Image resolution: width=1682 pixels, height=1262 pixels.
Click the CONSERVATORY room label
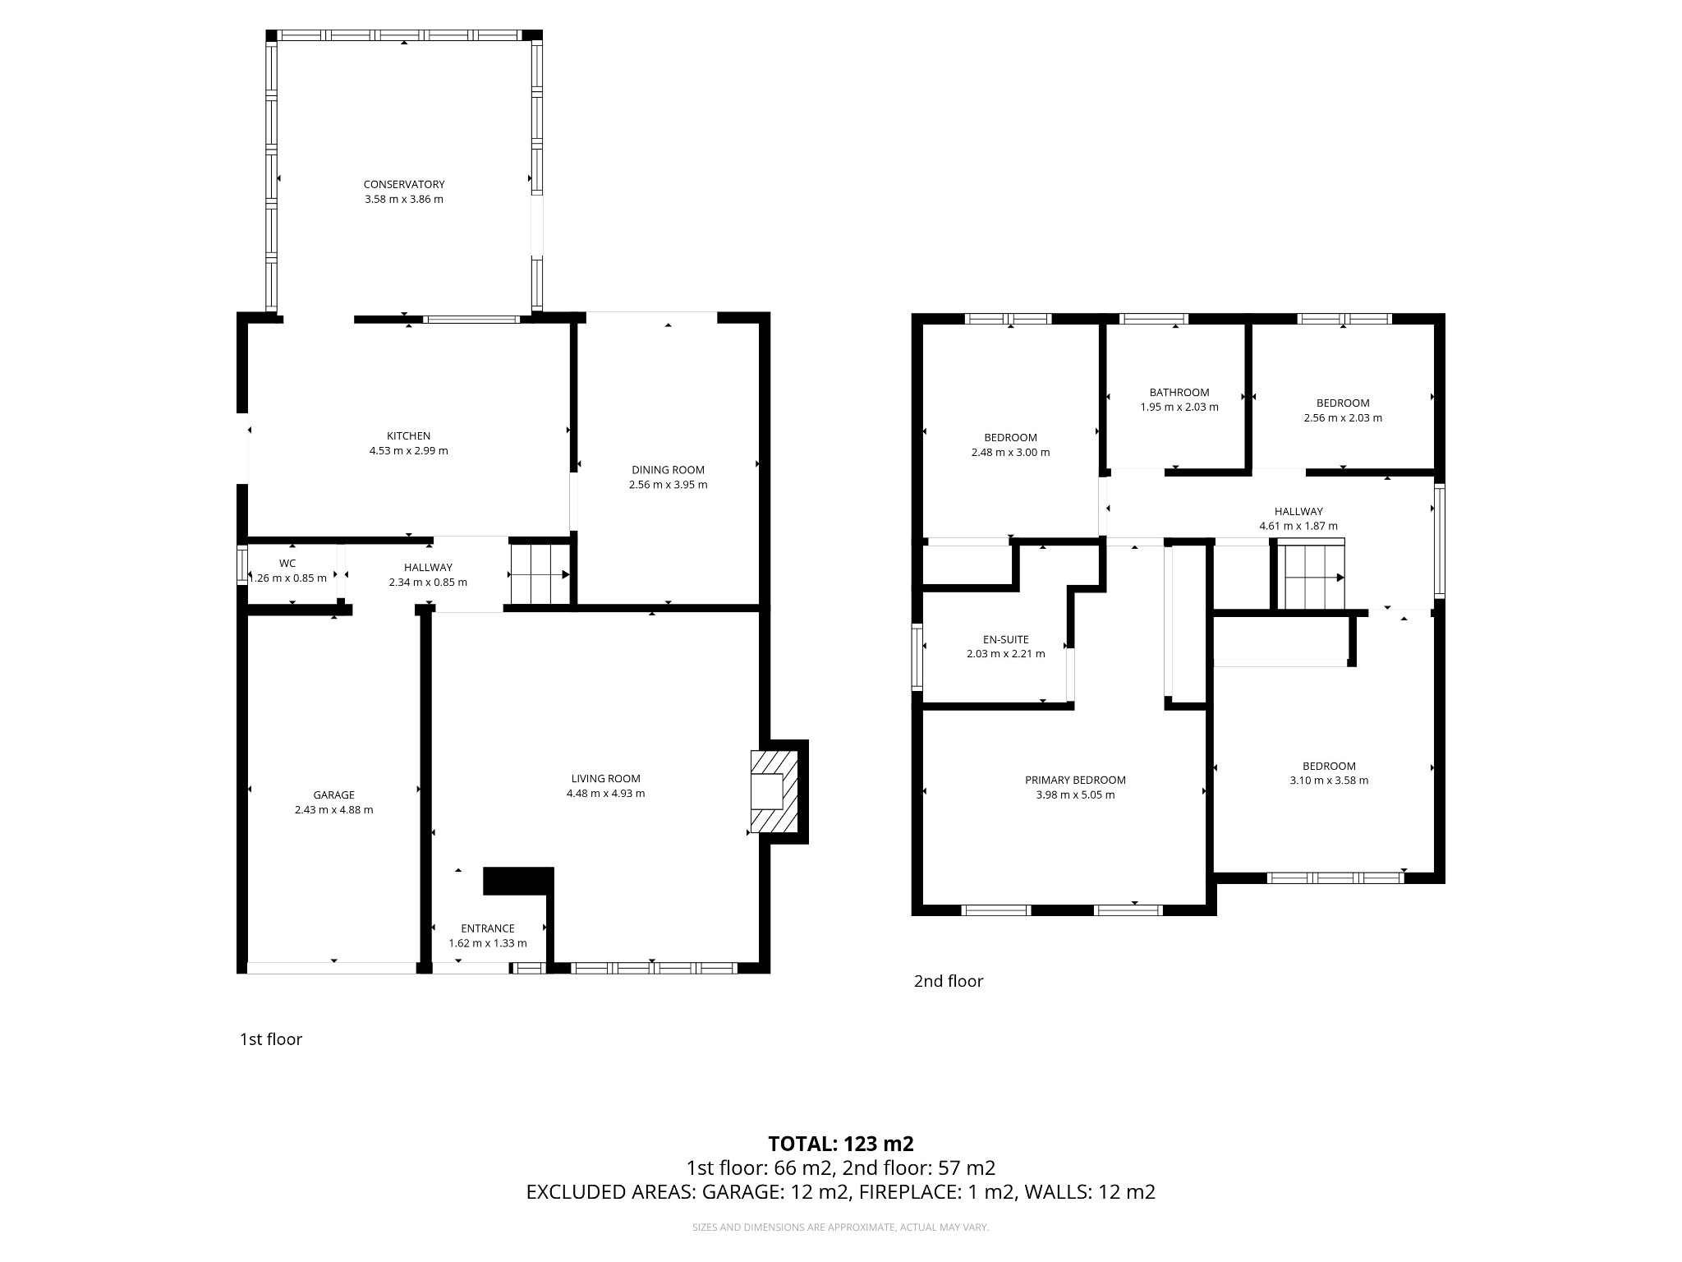[404, 185]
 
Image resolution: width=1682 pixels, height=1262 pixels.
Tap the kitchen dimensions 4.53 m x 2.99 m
[408, 451]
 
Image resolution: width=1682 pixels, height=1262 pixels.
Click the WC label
[287, 564]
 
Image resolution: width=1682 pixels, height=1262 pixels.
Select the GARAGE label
[333, 795]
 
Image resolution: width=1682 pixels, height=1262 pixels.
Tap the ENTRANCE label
[487, 928]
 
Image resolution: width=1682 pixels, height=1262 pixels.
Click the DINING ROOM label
[668, 470]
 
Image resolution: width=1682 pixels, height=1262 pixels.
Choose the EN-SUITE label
[1005, 639]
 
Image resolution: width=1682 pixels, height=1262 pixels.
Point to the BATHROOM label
[1179, 393]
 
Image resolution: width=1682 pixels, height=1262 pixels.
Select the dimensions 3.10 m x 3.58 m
[1328, 781]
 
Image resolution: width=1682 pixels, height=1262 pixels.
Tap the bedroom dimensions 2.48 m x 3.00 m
[1010, 453]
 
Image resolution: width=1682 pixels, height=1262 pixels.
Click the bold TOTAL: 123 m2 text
[840, 1144]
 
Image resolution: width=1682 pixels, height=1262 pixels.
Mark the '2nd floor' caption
[948, 981]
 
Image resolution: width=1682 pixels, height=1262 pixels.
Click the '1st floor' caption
[271, 1039]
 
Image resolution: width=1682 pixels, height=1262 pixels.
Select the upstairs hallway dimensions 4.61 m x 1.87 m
[1298, 527]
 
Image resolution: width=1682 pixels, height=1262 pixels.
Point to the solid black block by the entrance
[517, 881]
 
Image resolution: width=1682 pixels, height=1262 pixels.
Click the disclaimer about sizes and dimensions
[840, 1227]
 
